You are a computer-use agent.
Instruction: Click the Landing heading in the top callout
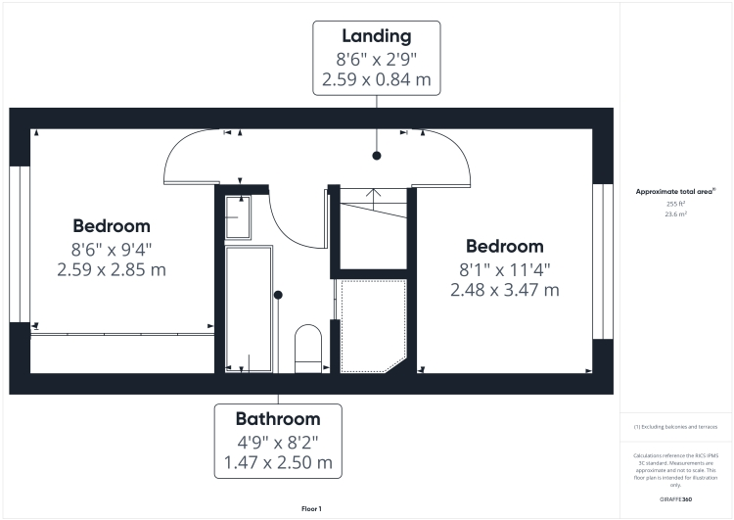coord(376,36)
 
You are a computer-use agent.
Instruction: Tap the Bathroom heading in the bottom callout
coord(278,418)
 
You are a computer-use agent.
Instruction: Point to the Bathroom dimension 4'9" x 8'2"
coord(278,441)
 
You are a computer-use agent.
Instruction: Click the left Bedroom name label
coord(111,225)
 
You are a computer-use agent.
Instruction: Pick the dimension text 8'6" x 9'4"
coord(111,248)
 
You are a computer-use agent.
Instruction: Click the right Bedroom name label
coord(504,246)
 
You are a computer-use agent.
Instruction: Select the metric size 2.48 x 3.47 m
coord(504,290)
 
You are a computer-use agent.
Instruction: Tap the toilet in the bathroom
coord(308,348)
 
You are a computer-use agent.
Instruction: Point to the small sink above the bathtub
coord(238,215)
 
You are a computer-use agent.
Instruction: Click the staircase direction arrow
coord(373,193)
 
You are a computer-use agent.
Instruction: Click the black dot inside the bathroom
coord(278,294)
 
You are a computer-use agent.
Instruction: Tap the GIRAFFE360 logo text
coord(676,499)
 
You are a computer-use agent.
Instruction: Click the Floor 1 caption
coord(311,508)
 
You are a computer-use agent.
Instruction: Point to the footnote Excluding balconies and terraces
coord(676,428)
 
